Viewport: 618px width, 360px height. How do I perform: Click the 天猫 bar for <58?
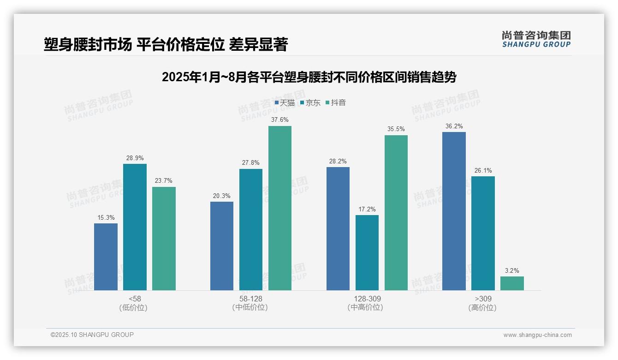click(106, 257)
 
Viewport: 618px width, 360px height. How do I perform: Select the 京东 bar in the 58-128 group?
click(250, 229)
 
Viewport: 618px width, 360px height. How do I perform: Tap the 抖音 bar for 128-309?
click(396, 212)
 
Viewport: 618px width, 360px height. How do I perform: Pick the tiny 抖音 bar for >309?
click(512, 283)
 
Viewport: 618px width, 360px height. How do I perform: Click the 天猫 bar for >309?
click(454, 211)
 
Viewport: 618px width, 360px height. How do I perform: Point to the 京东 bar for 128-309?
click(367, 252)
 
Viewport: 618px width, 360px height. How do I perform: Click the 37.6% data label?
click(280, 120)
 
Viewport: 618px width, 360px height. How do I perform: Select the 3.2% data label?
click(512, 270)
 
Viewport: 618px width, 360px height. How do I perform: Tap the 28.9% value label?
click(135, 158)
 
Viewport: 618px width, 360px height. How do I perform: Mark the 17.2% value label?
click(367, 209)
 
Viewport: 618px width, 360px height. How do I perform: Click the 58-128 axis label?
click(250, 299)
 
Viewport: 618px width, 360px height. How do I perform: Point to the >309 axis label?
click(482, 299)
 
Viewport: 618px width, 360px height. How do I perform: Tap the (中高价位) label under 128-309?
click(367, 307)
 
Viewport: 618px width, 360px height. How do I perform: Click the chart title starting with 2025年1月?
click(309, 77)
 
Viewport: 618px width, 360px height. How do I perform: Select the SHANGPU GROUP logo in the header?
click(536, 39)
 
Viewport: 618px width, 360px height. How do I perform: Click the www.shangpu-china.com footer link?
click(537, 335)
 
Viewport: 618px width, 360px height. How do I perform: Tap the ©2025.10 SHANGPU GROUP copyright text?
click(92, 335)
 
